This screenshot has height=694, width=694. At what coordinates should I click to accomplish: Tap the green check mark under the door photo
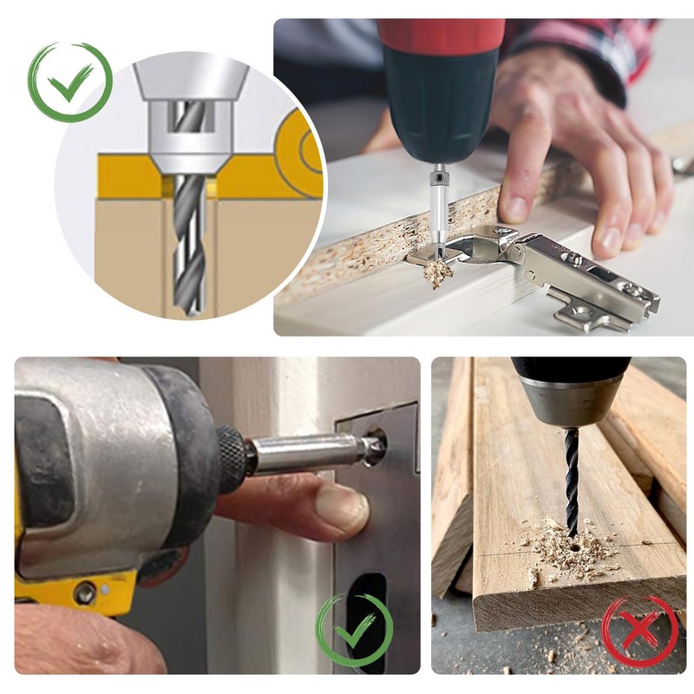(x=354, y=631)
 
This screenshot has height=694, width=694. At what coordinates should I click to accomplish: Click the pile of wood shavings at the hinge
(x=438, y=274)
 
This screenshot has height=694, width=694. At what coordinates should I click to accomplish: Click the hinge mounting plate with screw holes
(x=599, y=308)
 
